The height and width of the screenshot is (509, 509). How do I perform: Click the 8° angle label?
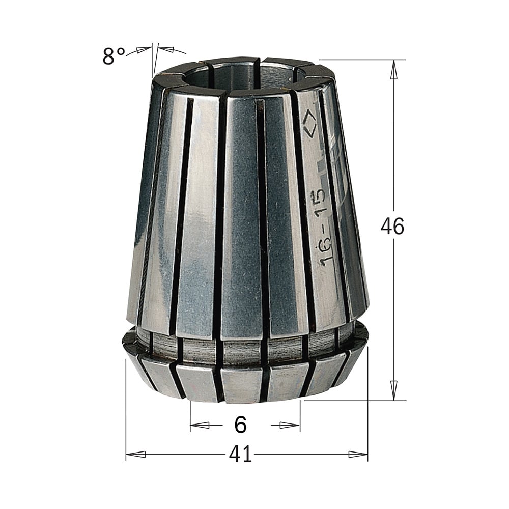click(114, 56)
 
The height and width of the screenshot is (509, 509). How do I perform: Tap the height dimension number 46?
click(392, 226)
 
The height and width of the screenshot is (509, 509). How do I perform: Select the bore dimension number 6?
click(241, 424)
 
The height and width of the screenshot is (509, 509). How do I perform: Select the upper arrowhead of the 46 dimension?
click(394, 70)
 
